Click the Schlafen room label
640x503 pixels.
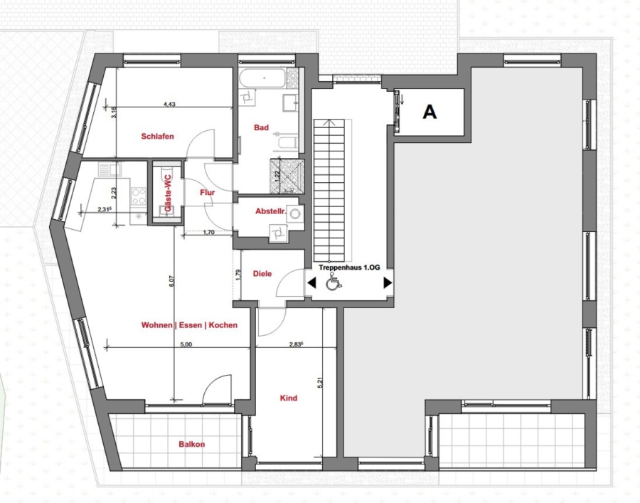tap(158, 137)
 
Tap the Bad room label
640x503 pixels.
tap(261, 127)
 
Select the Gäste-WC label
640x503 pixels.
tap(168, 193)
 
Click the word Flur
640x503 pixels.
tap(208, 192)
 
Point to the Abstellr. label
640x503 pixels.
tap(271, 211)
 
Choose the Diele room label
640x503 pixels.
tap(262, 273)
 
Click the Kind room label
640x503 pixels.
tap(289, 398)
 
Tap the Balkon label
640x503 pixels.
tap(192, 444)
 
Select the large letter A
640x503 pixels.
tap(430, 112)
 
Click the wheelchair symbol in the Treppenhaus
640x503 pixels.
tap(334, 282)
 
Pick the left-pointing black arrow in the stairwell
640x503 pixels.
tap(311, 282)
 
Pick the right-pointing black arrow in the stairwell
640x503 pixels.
tap(388, 282)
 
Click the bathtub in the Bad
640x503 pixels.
tap(263, 78)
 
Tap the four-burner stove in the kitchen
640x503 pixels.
tap(139, 196)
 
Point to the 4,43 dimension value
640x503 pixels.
tap(169, 104)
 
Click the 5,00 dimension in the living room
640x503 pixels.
tap(186, 344)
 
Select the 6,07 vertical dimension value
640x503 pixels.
tap(171, 281)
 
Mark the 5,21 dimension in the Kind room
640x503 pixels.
tap(320, 382)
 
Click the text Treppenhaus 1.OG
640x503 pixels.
tap(349, 268)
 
